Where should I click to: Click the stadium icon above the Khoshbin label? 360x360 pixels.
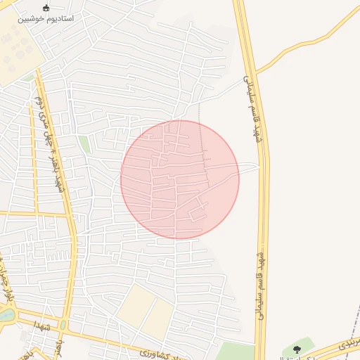(x=47, y=8)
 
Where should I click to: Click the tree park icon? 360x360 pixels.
(x=297, y=348)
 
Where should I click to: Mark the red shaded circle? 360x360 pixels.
(x=180, y=179)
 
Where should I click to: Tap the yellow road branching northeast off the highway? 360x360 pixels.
(x=309, y=39)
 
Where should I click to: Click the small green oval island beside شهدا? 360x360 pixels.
(x=63, y=325)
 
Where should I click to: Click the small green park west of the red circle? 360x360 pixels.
(x=84, y=144)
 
